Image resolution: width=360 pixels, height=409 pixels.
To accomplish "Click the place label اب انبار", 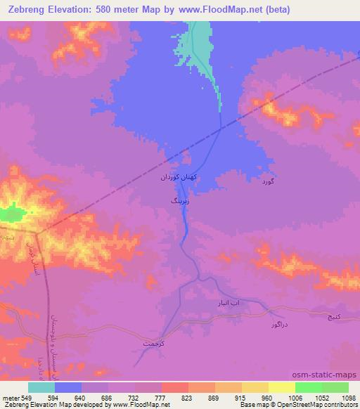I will click(x=228, y=302).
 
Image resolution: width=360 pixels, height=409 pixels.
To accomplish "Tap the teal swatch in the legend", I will click(x=41, y=387).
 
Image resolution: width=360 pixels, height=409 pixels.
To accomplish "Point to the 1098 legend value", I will click(x=348, y=398).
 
